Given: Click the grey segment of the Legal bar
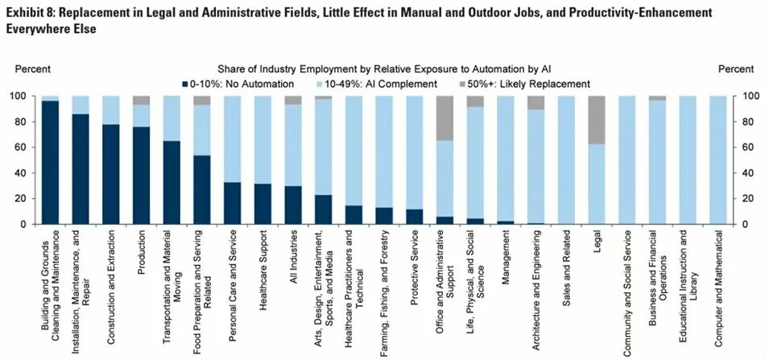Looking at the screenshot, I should coord(598,120).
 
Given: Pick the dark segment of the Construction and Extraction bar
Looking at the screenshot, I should coord(111,174).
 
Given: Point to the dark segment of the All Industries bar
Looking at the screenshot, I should coord(293,205).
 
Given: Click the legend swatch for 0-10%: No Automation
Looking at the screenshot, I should coord(185,84).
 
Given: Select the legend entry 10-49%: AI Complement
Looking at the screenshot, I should coord(378,84).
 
